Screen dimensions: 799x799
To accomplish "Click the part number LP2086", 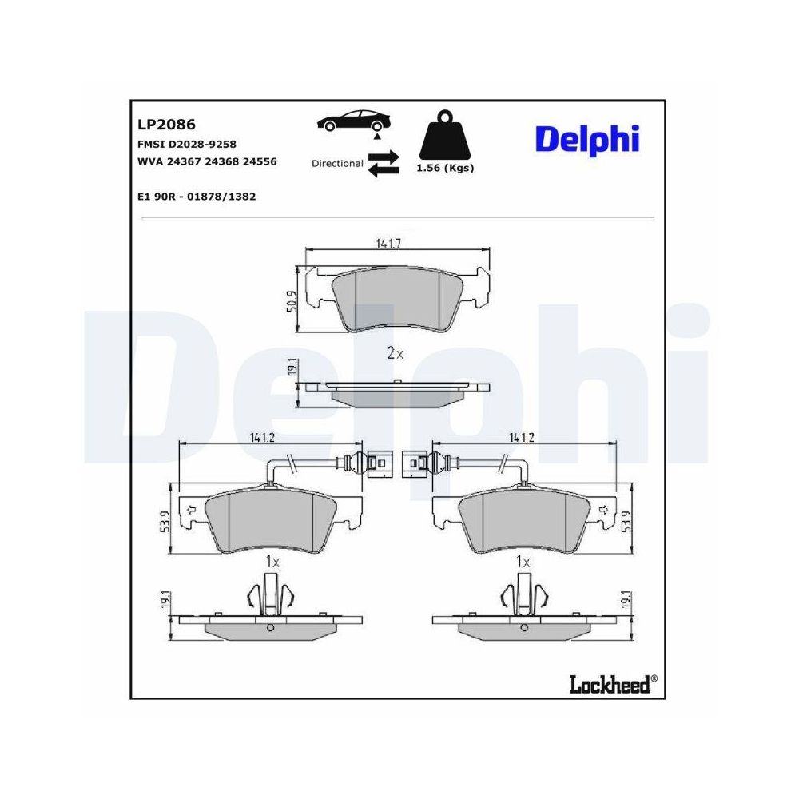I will [166, 125].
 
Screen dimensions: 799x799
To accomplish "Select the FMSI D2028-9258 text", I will [187, 144].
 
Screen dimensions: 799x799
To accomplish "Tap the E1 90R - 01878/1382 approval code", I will [197, 196].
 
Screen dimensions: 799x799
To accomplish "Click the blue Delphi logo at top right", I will [587, 139].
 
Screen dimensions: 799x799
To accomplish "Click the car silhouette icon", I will [353, 122].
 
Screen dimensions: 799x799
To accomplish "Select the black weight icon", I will [444, 137].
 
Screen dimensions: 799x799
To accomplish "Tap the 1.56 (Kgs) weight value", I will [444, 169].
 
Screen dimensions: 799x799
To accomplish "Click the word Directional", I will [337, 163].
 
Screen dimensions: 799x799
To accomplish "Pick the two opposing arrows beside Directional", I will [383, 163].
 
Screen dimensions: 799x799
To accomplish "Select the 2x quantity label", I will [395, 353].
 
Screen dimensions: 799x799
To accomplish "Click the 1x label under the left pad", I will [272, 562].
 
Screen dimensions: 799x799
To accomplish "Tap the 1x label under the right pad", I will [523, 562].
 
